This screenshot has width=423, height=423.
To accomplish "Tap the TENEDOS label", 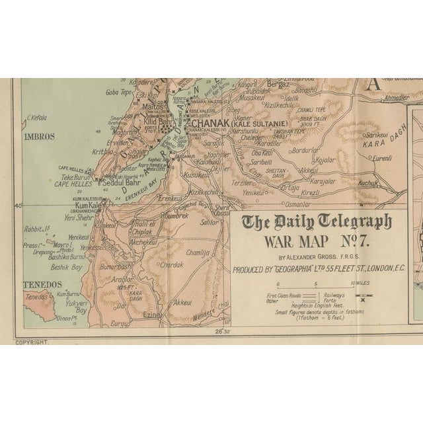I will point(38,285).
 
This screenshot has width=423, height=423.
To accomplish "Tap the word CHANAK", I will point(208,122).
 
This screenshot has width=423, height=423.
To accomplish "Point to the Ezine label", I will point(152,315).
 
